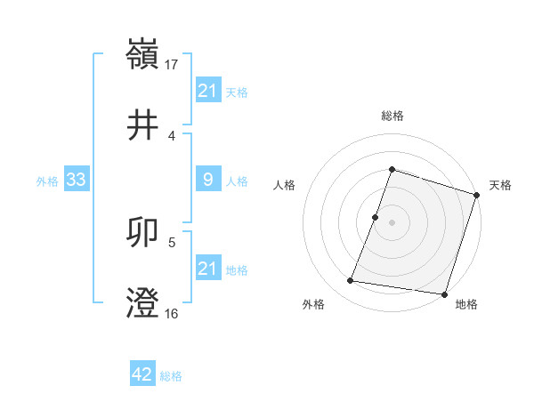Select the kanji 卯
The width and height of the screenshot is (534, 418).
tap(143, 233)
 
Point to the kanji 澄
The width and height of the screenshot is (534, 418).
tap(143, 303)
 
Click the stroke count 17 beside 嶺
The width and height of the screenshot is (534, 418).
tap(173, 64)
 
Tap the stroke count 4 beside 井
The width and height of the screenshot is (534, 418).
tap(171, 136)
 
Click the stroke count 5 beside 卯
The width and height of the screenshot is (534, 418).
tap(172, 241)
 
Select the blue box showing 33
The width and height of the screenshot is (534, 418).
tap(77, 181)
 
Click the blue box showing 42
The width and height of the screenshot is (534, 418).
tap(142, 374)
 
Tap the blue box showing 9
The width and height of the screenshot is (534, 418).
tap(207, 181)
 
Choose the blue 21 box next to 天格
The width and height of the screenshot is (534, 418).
tap(207, 90)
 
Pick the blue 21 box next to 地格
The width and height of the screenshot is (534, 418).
tap(207, 269)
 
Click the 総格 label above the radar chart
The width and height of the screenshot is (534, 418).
tap(392, 116)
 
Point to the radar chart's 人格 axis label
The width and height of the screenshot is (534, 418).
tap(285, 186)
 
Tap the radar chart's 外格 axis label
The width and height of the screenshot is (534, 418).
tap(313, 304)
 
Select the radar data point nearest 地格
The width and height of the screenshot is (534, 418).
tap(444, 294)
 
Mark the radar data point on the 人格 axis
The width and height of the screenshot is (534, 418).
tap(376, 217)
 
